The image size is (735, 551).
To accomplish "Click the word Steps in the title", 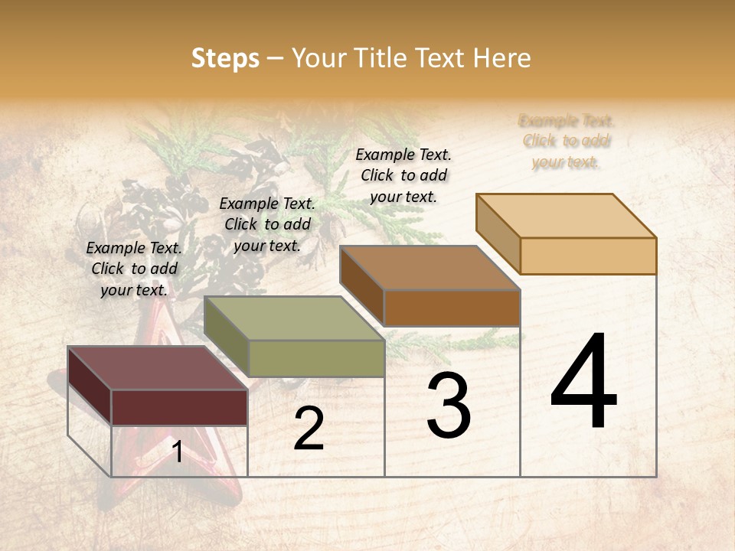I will coord(224,58).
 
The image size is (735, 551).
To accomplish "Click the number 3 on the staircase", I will coord(449,406).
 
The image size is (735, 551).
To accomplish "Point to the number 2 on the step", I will coord(309,429).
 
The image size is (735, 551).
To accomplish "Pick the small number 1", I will coord(177,452).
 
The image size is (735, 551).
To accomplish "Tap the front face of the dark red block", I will coord(179,407).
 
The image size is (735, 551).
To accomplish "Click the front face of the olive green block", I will coord(316,358).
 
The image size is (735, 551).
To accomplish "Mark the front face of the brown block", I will coord(452,308).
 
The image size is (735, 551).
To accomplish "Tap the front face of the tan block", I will coord(588,256).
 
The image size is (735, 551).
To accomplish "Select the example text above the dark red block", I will coord(134,269).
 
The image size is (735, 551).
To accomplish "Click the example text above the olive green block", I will coord(267,225).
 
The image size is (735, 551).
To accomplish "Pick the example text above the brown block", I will coord(403,175).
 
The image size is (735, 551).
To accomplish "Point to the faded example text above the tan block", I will coord(567,142).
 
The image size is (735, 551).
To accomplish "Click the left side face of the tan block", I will coord(498,233).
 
